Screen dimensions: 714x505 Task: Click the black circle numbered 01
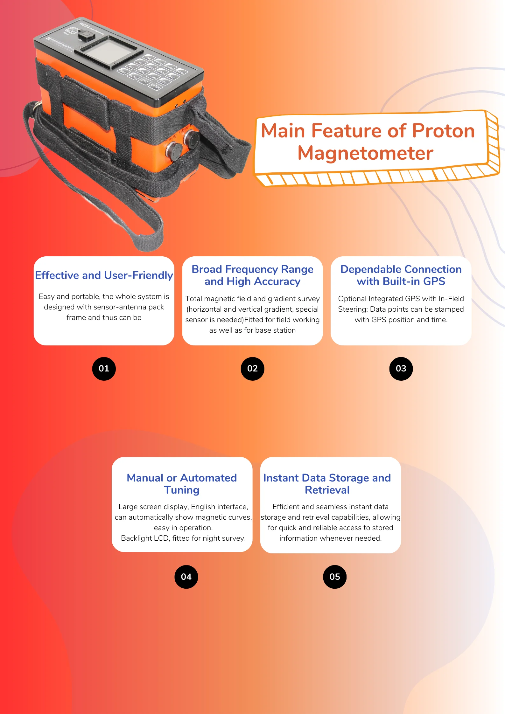point(104,369)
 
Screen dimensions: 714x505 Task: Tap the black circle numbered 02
point(252,369)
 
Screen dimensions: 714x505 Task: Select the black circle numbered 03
point(401,369)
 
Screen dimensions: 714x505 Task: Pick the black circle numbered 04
point(186,577)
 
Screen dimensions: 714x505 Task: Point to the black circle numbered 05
point(335,577)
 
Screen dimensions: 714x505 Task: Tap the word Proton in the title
point(443,131)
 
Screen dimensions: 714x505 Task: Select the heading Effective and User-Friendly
point(104,275)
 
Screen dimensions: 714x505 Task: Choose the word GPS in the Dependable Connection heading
point(434,281)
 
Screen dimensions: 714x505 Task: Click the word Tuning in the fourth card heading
point(182,490)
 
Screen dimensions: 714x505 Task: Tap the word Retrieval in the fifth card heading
point(327,490)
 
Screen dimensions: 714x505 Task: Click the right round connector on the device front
point(193,139)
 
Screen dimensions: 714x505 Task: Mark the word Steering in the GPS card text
point(353,309)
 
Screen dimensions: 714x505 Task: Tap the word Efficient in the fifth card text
point(286,507)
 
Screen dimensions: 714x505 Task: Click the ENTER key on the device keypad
point(156,87)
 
